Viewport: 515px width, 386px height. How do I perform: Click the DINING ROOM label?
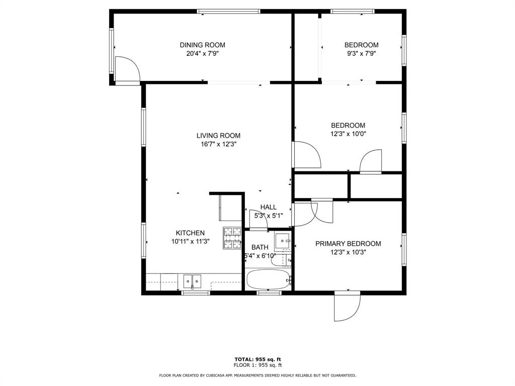click(x=202, y=45)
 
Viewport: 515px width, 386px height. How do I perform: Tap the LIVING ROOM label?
click(x=218, y=136)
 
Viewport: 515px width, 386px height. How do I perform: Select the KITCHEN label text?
click(x=190, y=233)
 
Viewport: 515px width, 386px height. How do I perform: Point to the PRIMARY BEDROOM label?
click(x=348, y=244)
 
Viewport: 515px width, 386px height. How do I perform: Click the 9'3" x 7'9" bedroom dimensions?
click(x=361, y=53)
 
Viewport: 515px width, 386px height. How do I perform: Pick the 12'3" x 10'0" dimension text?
click(x=348, y=134)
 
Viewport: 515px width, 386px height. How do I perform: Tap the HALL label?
click(x=269, y=207)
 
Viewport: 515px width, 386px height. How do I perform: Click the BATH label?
click(x=260, y=247)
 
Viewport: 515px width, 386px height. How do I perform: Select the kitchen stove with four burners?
click(x=232, y=238)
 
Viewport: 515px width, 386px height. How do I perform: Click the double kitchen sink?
click(x=192, y=281)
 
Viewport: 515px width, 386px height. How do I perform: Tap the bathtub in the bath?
click(x=269, y=279)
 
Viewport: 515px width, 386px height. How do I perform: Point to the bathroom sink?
click(x=283, y=241)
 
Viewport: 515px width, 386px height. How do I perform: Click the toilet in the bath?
click(x=282, y=260)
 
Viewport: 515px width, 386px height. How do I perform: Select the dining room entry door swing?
click(x=127, y=69)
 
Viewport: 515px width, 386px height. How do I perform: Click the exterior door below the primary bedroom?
click(x=347, y=306)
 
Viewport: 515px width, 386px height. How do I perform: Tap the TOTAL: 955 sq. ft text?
click(x=258, y=359)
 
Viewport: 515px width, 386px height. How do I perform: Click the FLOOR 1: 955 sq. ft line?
click(x=258, y=365)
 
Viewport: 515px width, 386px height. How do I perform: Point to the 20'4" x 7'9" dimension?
click(x=202, y=53)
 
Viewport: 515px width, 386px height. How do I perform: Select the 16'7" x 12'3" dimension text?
click(x=219, y=144)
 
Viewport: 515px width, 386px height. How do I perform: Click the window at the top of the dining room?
click(x=229, y=12)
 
